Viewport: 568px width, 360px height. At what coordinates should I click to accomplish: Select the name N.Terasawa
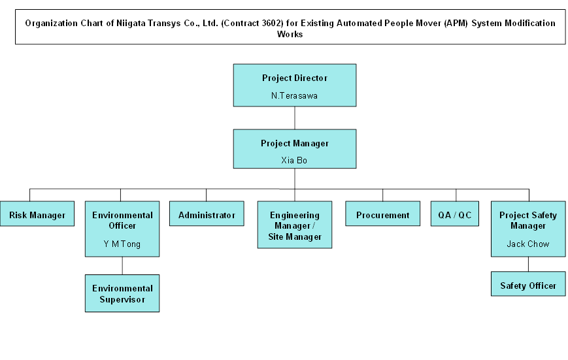coord(294,95)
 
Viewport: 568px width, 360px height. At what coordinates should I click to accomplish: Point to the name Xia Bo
coord(294,160)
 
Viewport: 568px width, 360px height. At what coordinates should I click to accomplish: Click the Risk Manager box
coord(37,215)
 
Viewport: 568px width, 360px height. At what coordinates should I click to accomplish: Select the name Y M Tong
coord(122,244)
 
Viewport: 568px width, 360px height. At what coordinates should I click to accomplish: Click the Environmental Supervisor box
coord(122,293)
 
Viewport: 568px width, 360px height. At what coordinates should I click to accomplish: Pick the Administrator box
coord(207,215)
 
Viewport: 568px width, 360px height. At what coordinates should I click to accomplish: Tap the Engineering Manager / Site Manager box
coord(295,225)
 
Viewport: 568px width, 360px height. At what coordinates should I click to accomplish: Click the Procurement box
coord(383,215)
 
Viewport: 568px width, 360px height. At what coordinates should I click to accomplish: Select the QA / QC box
coord(455,215)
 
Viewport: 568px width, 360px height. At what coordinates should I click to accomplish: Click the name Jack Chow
coord(528,244)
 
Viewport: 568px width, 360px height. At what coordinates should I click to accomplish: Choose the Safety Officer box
coord(528,286)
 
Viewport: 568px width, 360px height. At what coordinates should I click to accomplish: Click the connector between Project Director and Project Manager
coord(295,118)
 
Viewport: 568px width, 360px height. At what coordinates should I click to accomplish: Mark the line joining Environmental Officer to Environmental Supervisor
coord(122,265)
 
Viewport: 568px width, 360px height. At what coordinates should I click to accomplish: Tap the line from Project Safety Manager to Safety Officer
coord(528,264)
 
